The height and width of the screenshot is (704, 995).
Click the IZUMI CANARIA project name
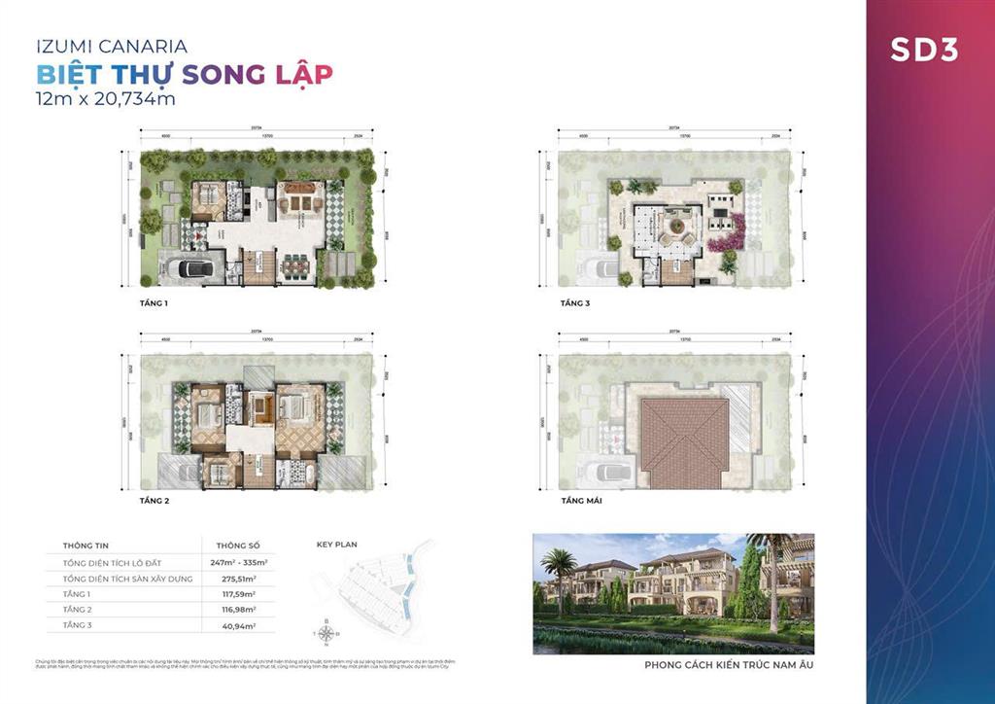tap(112, 46)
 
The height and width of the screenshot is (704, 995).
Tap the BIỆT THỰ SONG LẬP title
tap(184, 73)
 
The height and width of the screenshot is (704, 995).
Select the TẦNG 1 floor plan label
tap(155, 303)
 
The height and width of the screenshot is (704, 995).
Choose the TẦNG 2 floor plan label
tap(155, 501)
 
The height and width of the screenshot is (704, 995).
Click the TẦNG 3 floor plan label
tap(575, 303)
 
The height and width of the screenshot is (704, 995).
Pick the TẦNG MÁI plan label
tap(581, 501)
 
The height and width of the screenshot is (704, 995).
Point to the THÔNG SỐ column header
tap(231, 546)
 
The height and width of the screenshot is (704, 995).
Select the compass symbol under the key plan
tap(326, 633)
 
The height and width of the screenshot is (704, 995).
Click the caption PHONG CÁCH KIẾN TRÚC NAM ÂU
tap(729, 667)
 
